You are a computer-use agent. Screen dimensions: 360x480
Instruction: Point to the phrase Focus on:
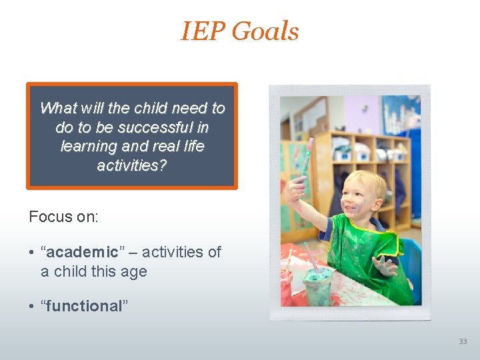coord(64,217)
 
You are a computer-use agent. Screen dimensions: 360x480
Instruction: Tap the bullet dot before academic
coord(32,253)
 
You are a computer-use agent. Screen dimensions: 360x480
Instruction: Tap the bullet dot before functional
coord(32,307)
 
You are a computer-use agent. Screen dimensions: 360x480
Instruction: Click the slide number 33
coord(463,341)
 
